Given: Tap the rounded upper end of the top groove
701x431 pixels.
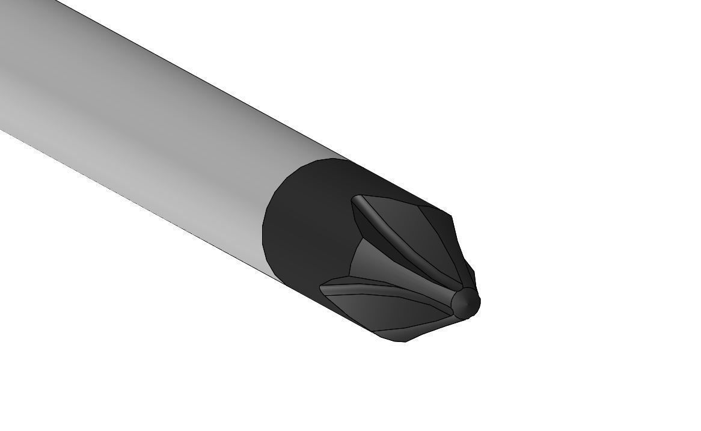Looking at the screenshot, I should coord(357,200).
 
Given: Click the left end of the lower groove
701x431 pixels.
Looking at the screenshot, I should coord(325,287).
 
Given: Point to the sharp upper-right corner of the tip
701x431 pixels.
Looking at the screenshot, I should coord(451,215).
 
